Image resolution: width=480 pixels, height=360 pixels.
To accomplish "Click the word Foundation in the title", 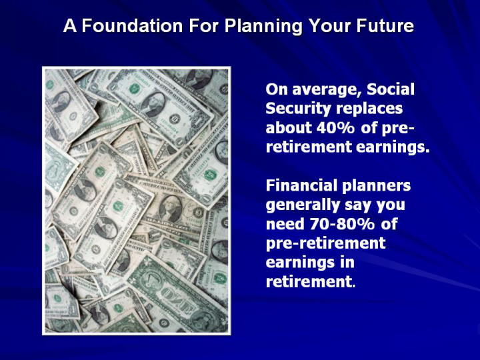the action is [x=132, y=26].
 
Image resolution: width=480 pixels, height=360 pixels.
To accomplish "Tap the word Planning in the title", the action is [x=263, y=26].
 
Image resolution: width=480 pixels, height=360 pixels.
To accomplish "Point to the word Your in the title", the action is [x=329, y=26].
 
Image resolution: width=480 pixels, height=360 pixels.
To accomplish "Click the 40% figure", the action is [x=335, y=127].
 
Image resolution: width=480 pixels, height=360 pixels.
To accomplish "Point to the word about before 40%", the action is [x=289, y=127].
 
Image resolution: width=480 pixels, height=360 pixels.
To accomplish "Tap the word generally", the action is [x=303, y=205].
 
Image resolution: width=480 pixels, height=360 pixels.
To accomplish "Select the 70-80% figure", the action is [x=342, y=224].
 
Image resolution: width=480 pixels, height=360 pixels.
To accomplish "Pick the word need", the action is [x=285, y=224].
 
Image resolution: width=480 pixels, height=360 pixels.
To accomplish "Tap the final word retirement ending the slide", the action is [x=308, y=281].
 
